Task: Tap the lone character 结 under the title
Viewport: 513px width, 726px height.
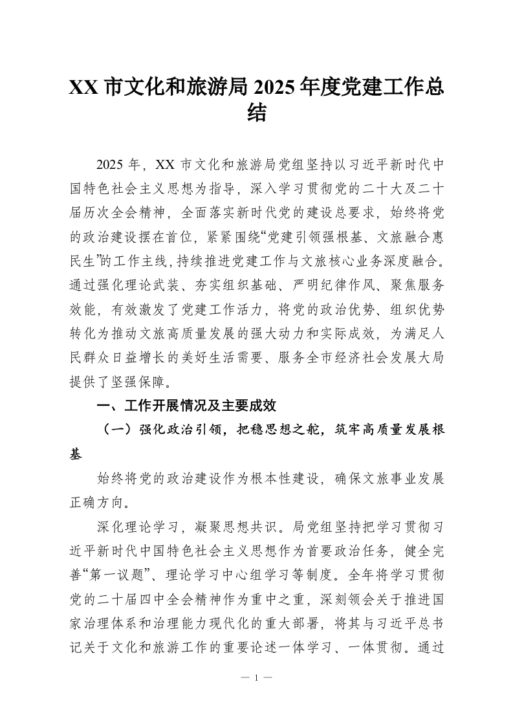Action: tap(257, 115)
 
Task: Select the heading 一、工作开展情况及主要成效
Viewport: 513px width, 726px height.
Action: tap(186, 406)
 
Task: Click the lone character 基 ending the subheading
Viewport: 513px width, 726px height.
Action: tap(76, 454)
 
